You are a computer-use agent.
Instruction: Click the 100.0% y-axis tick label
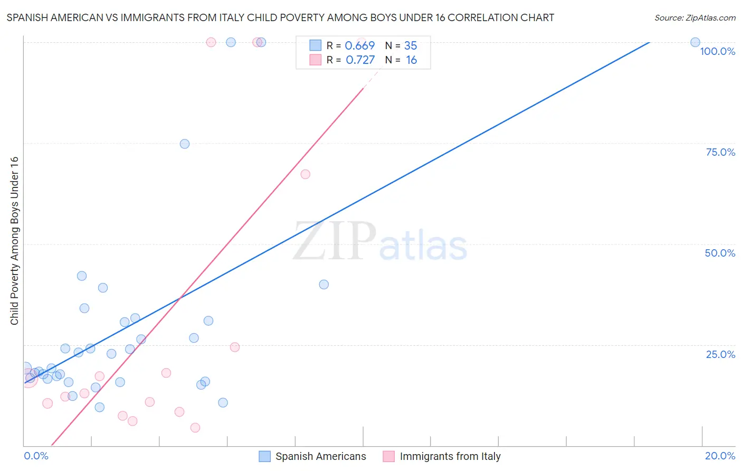pyautogui.click(x=717, y=51)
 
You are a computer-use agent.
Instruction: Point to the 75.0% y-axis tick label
pyautogui.click(x=720, y=152)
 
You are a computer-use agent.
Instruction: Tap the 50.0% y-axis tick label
pyautogui.click(x=720, y=253)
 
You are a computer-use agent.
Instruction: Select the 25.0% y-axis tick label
pyautogui.click(x=720, y=354)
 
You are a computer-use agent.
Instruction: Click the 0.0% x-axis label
pyautogui.click(x=36, y=456)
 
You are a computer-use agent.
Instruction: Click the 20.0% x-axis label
pyautogui.click(x=720, y=456)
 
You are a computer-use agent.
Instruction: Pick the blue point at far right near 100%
pyautogui.click(x=695, y=42)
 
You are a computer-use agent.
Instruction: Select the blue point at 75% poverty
pyautogui.click(x=184, y=144)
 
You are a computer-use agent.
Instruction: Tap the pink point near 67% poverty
pyautogui.click(x=305, y=174)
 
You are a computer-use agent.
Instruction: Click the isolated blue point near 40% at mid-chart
pyautogui.click(x=324, y=284)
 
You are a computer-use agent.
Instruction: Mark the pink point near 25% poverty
pyautogui.click(x=235, y=347)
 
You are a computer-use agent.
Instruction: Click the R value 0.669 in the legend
pyautogui.click(x=359, y=45)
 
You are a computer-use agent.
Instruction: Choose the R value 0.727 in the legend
pyautogui.click(x=360, y=60)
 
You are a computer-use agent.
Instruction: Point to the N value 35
pyautogui.click(x=411, y=45)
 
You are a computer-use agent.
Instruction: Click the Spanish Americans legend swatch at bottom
pyautogui.click(x=264, y=456)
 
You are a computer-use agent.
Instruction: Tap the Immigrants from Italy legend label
pyautogui.click(x=450, y=456)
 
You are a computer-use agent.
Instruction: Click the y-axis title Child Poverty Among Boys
pyautogui.click(x=14, y=241)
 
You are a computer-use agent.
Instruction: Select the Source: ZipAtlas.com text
pyautogui.click(x=695, y=17)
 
